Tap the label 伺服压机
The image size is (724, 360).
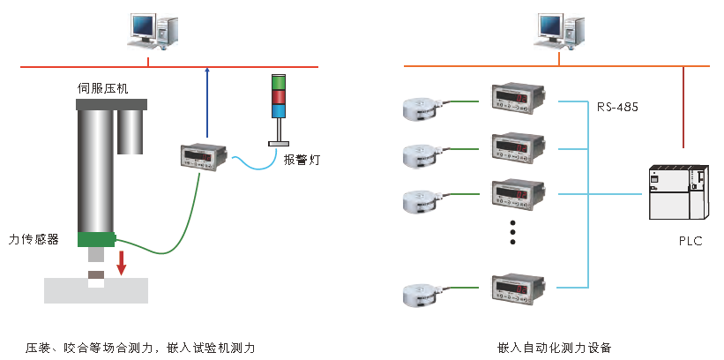pyautogui.click(x=103, y=88)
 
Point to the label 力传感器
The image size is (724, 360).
pyautogui.click(x=34, y=239)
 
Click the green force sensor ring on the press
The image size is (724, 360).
pyautogui.click(x=96, y=239)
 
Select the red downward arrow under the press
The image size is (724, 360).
pyautogui.click(x=122, y=262)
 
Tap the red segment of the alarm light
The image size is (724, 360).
pyautogui.click(x=279, y=97)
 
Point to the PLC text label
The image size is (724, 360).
pyautogui.click(x=690, y=240)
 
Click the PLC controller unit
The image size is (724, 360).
pyautogui.click(x=678, y=193)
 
